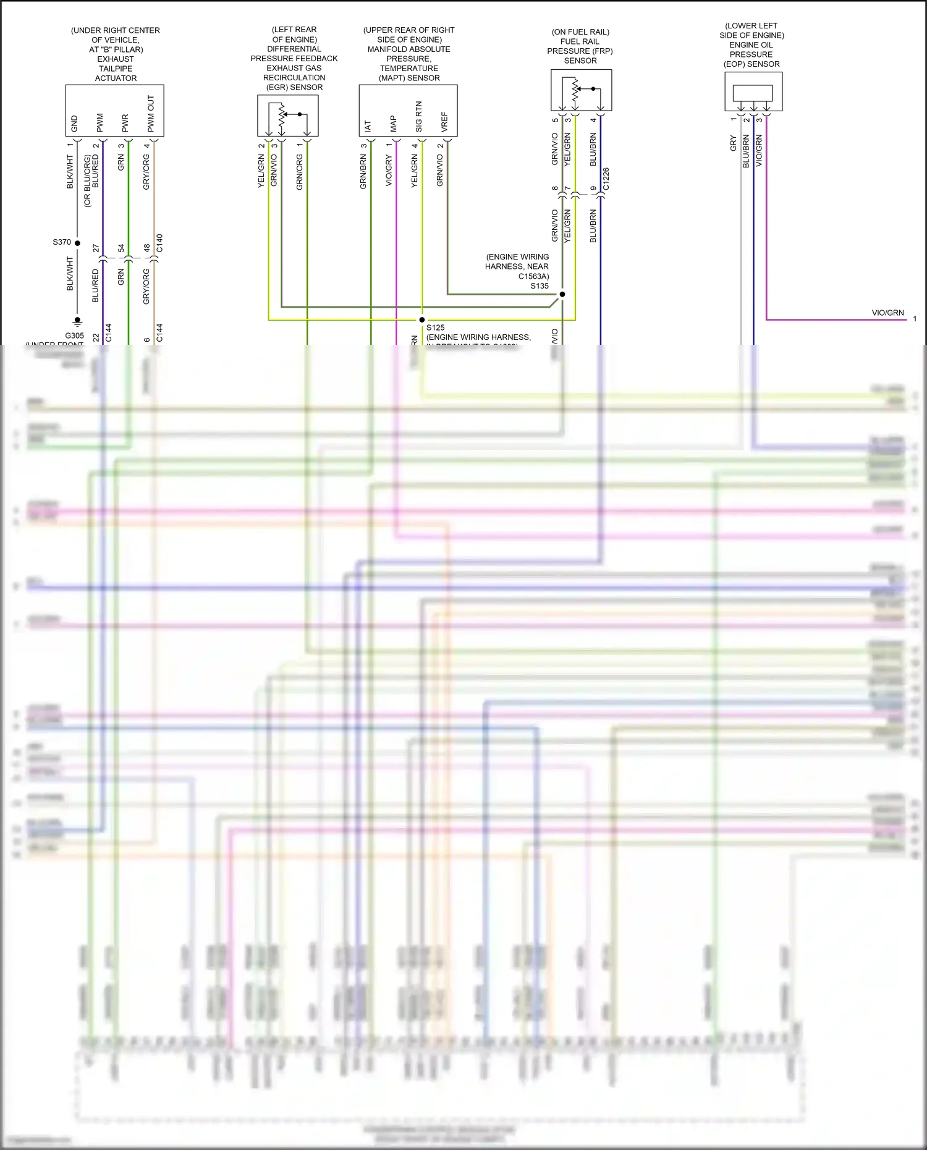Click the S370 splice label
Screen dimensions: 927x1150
point(62,242)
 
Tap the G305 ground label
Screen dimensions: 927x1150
point(74,336)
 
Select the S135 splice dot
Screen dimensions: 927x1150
point(562,294)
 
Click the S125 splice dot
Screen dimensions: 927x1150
point(422,319)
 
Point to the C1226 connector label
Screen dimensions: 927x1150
point(606,179)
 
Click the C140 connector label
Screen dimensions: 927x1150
point(159,243)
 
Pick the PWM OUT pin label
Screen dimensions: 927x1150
point(151,114)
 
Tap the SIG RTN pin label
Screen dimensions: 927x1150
point(419,117)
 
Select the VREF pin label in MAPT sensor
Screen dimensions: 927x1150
point(444,122)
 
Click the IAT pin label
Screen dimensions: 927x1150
point(368,126)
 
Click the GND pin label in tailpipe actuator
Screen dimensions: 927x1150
point(75,124)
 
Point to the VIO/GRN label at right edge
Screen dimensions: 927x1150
point(887,313)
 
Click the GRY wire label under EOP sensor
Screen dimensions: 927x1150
point(734,143)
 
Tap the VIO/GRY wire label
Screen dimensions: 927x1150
point(389,171)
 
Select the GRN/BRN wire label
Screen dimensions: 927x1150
point(363,171)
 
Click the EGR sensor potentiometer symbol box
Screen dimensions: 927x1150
point(288,116)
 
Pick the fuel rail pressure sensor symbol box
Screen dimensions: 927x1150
point(581,90)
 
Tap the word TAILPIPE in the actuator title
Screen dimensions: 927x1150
point(116,69)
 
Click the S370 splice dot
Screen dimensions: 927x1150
point(77,243)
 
